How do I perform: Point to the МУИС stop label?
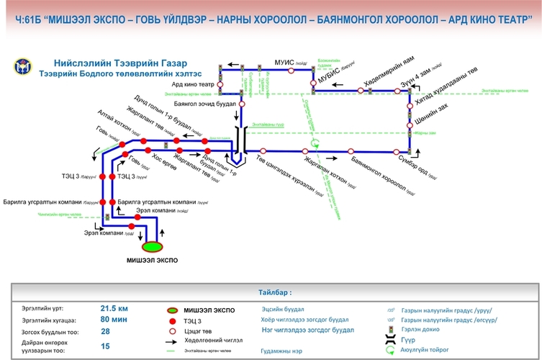point(286,63)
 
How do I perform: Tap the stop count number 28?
point(105,332)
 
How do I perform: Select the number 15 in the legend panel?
point(105,346)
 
